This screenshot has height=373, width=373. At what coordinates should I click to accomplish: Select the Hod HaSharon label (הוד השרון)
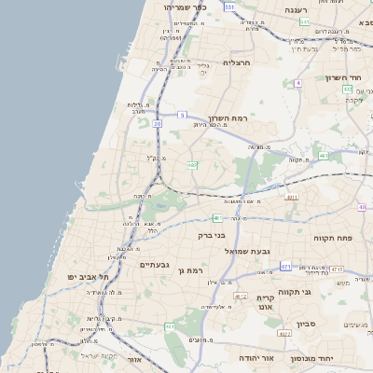(342, 77)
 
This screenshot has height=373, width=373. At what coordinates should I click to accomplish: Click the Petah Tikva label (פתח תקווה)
(333, 239)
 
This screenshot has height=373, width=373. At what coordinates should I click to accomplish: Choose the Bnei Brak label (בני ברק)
(212, 236)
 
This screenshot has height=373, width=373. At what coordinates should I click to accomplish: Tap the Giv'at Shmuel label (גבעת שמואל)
(247, 251)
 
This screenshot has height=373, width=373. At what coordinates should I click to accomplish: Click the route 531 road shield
(229, 7)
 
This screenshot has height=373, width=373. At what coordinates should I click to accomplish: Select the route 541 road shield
(330, 21)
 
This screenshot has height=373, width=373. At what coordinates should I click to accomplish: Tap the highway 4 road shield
(297, 83)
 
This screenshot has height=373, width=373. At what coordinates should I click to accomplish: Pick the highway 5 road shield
(182, 115)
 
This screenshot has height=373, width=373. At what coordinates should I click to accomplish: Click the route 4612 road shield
(241, 296)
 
